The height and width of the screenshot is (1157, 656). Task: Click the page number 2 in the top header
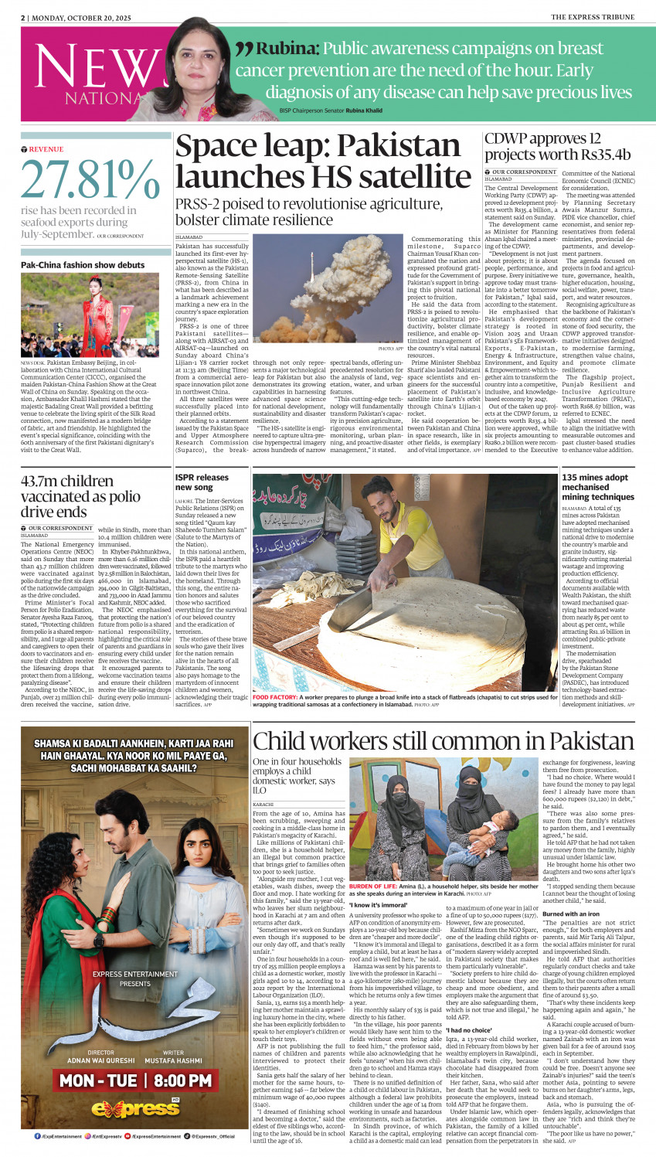(x=23, y=17)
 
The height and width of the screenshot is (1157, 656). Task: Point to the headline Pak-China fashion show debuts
(x=83, y=265)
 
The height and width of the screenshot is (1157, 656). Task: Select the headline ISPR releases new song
(x=202, y=482)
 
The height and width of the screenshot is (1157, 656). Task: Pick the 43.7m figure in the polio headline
(x=43, y=482)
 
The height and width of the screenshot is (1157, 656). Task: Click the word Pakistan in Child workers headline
(x=551, y=742)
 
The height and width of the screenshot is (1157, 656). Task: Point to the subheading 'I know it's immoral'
(x=378, y=904)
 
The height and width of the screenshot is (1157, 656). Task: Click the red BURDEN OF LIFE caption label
(x=373, y=886)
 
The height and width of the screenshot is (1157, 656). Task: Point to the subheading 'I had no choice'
(x=468, y=1030)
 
